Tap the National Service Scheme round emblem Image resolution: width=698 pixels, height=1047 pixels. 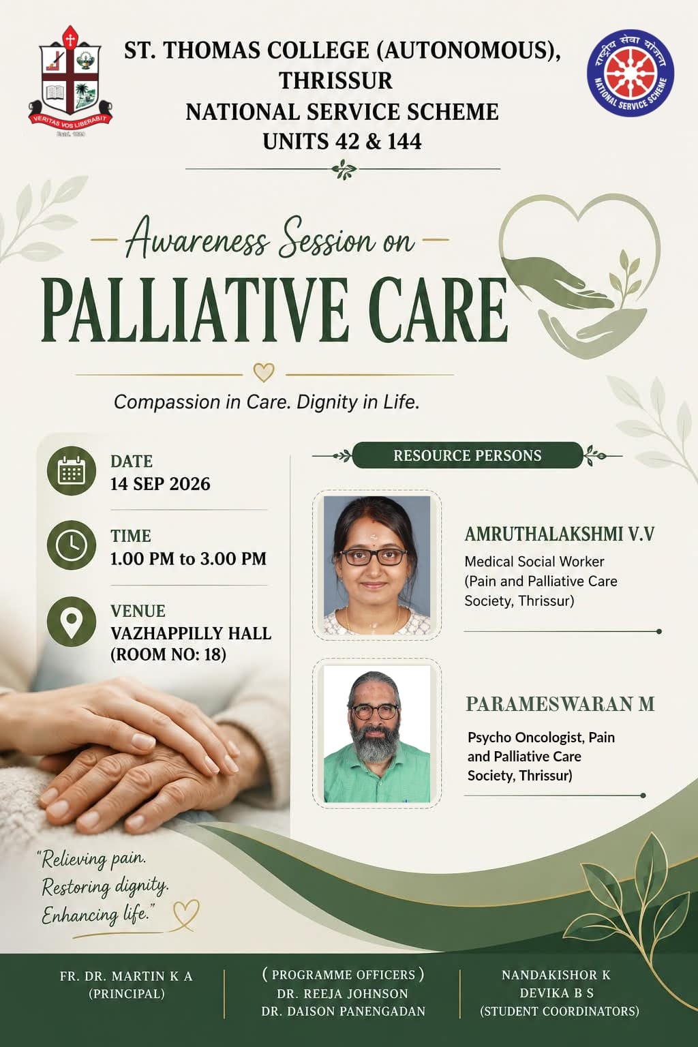(631, 73)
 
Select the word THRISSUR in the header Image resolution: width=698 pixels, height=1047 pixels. (335, 80)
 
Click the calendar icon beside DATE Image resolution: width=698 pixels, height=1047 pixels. (72, 471)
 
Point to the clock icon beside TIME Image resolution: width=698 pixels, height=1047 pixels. (72, 545)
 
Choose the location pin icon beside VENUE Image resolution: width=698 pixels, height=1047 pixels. (72, 622)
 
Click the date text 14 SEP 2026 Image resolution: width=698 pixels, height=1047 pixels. (160, 484)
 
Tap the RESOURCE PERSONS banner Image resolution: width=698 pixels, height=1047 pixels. (468, 455)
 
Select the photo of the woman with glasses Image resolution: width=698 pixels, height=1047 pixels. (377, 565)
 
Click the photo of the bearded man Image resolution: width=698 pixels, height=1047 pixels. (377, 734)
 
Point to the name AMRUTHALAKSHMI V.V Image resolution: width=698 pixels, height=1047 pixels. (560, 534)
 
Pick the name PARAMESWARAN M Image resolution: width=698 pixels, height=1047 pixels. (560, 704)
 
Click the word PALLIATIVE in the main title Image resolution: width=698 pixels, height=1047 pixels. (195, 309)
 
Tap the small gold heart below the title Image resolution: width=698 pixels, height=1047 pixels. (264, 373)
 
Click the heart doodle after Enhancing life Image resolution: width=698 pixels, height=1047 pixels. (186, 915)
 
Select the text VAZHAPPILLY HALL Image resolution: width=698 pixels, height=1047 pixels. (191, 633)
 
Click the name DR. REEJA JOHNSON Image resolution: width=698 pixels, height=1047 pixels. (343, 993)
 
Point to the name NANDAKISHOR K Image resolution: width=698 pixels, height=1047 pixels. (556, 975)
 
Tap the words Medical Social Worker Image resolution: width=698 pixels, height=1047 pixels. (534, 562)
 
